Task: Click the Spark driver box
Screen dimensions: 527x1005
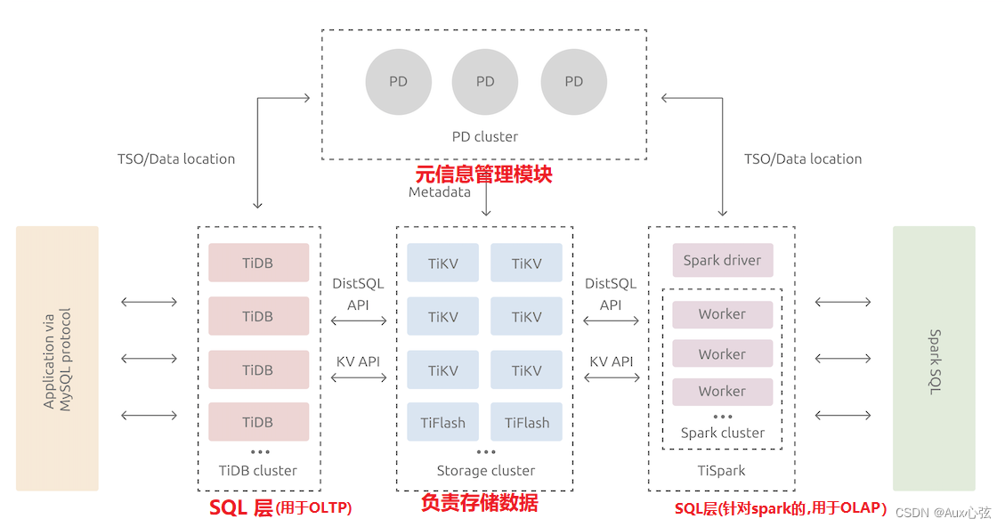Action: pyautogui.click(x=722, y=261)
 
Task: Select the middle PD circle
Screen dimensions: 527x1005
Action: pyautogui.click(x=485, y=82)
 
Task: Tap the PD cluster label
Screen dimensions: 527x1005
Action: pyautogui.click(x=484, y=136)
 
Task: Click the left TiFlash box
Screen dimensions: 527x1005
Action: pyautogui.click(x=442, y=423)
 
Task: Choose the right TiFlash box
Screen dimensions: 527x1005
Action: pyautogui.click(x=526, y=423)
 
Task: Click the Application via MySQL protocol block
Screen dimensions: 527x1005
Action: pyautogui.click(x=57, y=358)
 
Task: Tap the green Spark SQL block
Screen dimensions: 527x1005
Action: pyautogui.click(x=934, y=358)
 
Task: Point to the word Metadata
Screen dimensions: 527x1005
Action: pyautogui.click(x=440, y=192)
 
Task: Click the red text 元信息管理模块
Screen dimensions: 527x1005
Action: pyautogui.click(x=484, y=174)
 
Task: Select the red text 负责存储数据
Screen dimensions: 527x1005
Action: pyautogui.click(x=480, y=503)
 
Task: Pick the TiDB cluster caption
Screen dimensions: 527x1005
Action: pyautogui.click(x=258, y=470)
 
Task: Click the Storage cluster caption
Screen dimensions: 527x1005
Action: pyautogui.click(x=485, y=470)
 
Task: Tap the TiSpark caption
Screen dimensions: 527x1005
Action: pyautogui.click(x=722, y=470)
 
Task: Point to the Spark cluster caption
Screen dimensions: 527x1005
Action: pyautogui.click(x=722, y=433)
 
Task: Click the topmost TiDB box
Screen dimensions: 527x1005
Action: pyautogui.click(x=258, y=263)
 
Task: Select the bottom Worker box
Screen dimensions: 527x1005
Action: pyautogui.click(x=722, y=391)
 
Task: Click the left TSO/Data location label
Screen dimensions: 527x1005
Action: pyautogui.click(x=176, y=159)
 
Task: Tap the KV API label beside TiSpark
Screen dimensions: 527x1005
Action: pyautogui.click(x=612, y=361)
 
